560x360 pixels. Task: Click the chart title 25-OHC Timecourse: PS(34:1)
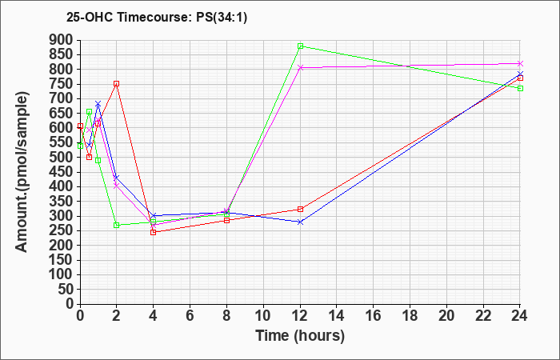point(157,18)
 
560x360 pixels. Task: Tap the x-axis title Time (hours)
point(300,336)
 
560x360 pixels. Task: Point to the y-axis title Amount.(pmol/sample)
point(22,172)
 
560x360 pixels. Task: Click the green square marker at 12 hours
point(300,46)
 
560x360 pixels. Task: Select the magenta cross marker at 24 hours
point(520,63)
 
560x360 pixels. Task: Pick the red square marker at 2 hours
point(117,83)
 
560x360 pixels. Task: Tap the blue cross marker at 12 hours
point(300,222)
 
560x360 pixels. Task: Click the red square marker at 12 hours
point(300,210)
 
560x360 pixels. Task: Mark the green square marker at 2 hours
point(117,226)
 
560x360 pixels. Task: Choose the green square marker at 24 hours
point(520,88)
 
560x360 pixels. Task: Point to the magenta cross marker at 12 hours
point(300,67)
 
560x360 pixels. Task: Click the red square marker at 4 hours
point(154,232)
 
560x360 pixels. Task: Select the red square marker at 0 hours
point(80,126)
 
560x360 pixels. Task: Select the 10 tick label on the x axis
point(263,316)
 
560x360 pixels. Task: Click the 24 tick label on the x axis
point(520,316)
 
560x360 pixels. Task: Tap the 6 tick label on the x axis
point(190,316)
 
